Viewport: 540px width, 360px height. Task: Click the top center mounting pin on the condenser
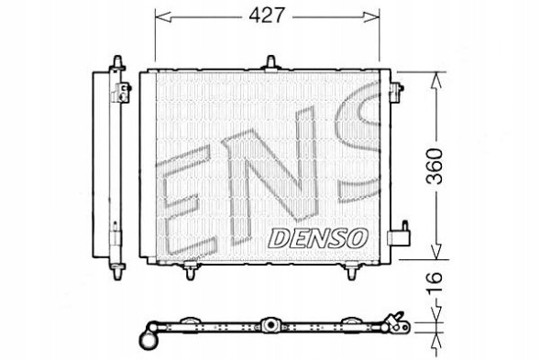(272, 61)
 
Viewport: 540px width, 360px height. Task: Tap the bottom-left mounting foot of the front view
(190, 269)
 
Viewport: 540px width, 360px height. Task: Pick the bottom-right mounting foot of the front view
(353, 269)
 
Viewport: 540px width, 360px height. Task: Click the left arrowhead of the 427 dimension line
(158, 16)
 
